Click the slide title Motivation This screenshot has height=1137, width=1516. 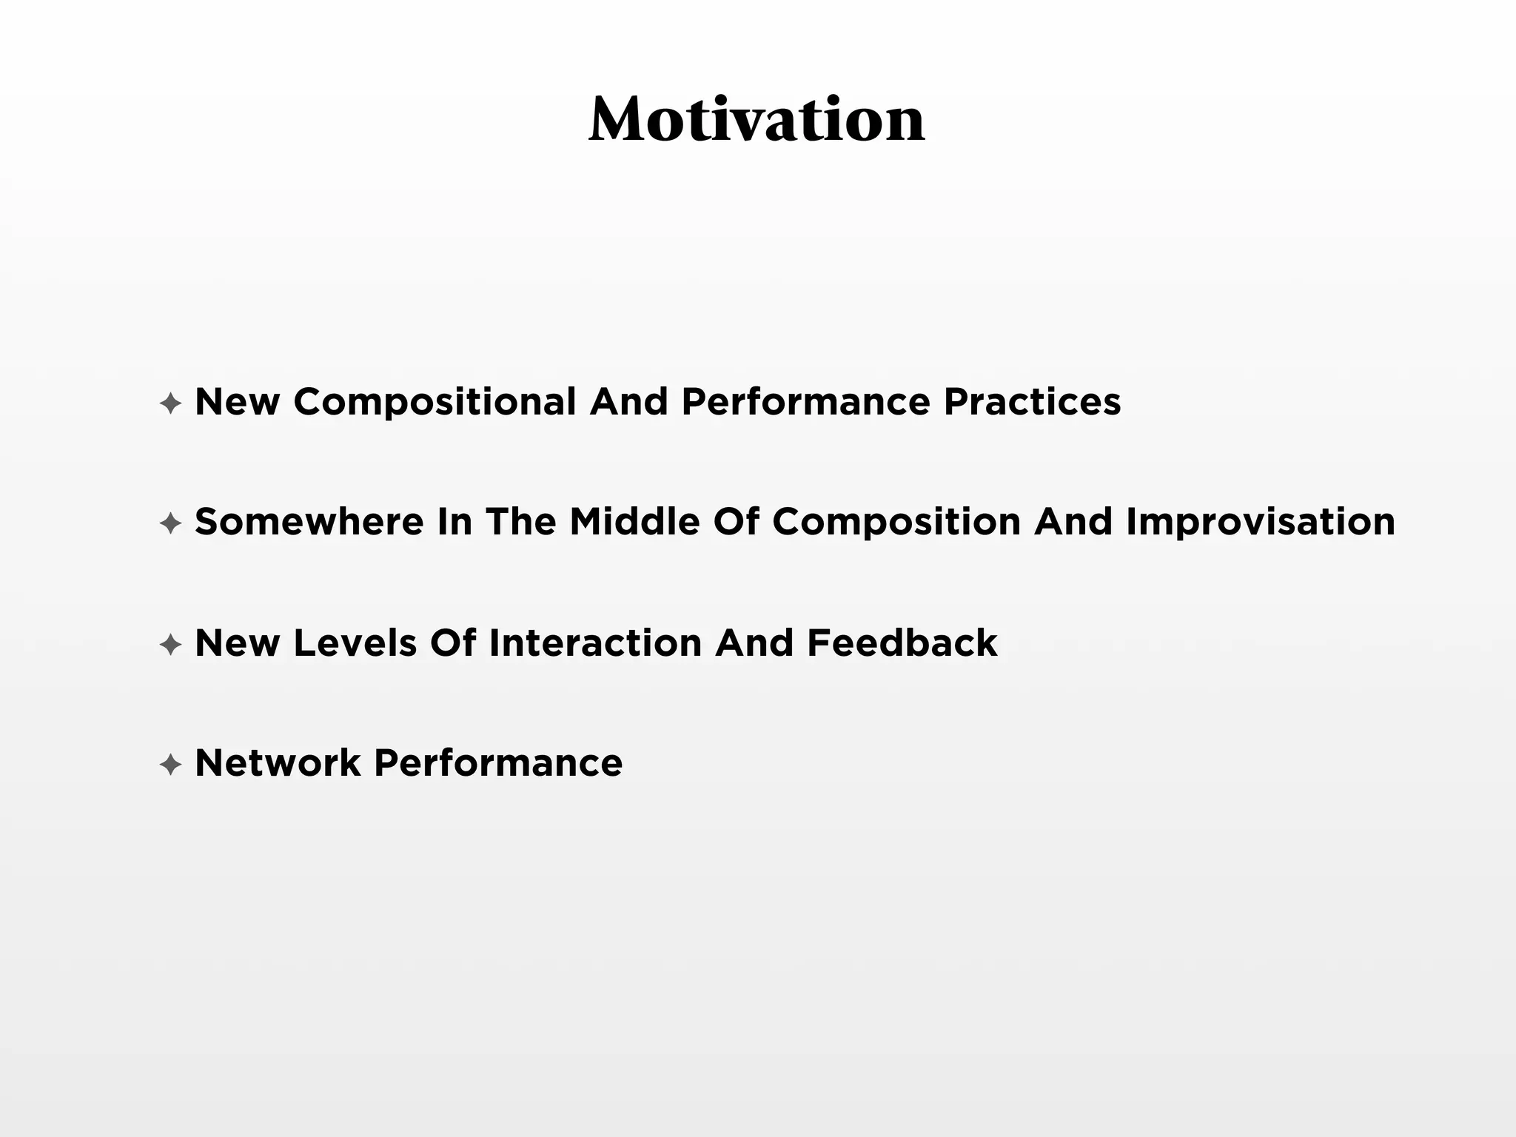tap(757, 120)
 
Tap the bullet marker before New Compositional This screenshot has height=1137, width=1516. tap(171, 404)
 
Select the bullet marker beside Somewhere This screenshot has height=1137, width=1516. tap(171, 524)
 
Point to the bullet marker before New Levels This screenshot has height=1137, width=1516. tap(171, 645)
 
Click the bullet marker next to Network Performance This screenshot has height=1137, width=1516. tap(171, 765)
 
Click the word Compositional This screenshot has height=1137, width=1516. tap(435, 403)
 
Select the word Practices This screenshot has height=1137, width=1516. tap(1032, 402)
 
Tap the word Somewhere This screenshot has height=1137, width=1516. tap(309, 522)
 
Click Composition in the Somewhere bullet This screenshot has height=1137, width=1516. tap(896, 523)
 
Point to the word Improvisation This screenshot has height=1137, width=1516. tap(1260, 523)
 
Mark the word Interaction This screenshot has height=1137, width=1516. tap(595, 643)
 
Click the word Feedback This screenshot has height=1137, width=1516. tap(902, 643)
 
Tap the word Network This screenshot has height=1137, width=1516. tap(278, 762)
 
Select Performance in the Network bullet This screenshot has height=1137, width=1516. tap(498, 762)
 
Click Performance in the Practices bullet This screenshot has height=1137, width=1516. tap(805, 402)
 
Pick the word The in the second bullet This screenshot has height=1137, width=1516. tap(520, 522)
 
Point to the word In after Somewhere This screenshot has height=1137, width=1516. tap(455, 522)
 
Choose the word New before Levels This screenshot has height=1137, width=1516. tap(238, 643)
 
